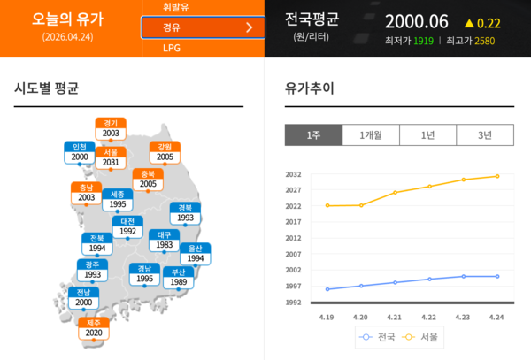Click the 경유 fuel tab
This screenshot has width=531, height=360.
pos(202,27)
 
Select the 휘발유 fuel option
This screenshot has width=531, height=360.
pos(175,7)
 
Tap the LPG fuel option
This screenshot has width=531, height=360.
pos(171,48)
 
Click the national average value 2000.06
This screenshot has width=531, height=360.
pos(417,21)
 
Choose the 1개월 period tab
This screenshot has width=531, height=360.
pos(371,135)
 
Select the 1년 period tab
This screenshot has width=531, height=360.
pos(427,135)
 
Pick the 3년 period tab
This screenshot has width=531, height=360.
pos(485,135)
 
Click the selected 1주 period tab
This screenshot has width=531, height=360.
pos(313,135)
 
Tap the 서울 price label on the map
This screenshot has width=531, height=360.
pos(111,157)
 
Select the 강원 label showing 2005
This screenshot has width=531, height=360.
pos(165,152)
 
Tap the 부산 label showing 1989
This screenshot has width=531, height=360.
pos(179,277)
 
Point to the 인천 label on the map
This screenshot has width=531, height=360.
pos(80,152)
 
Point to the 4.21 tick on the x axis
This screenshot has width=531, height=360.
pos(395,316)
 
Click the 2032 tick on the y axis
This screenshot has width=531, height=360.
pos(293,175)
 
